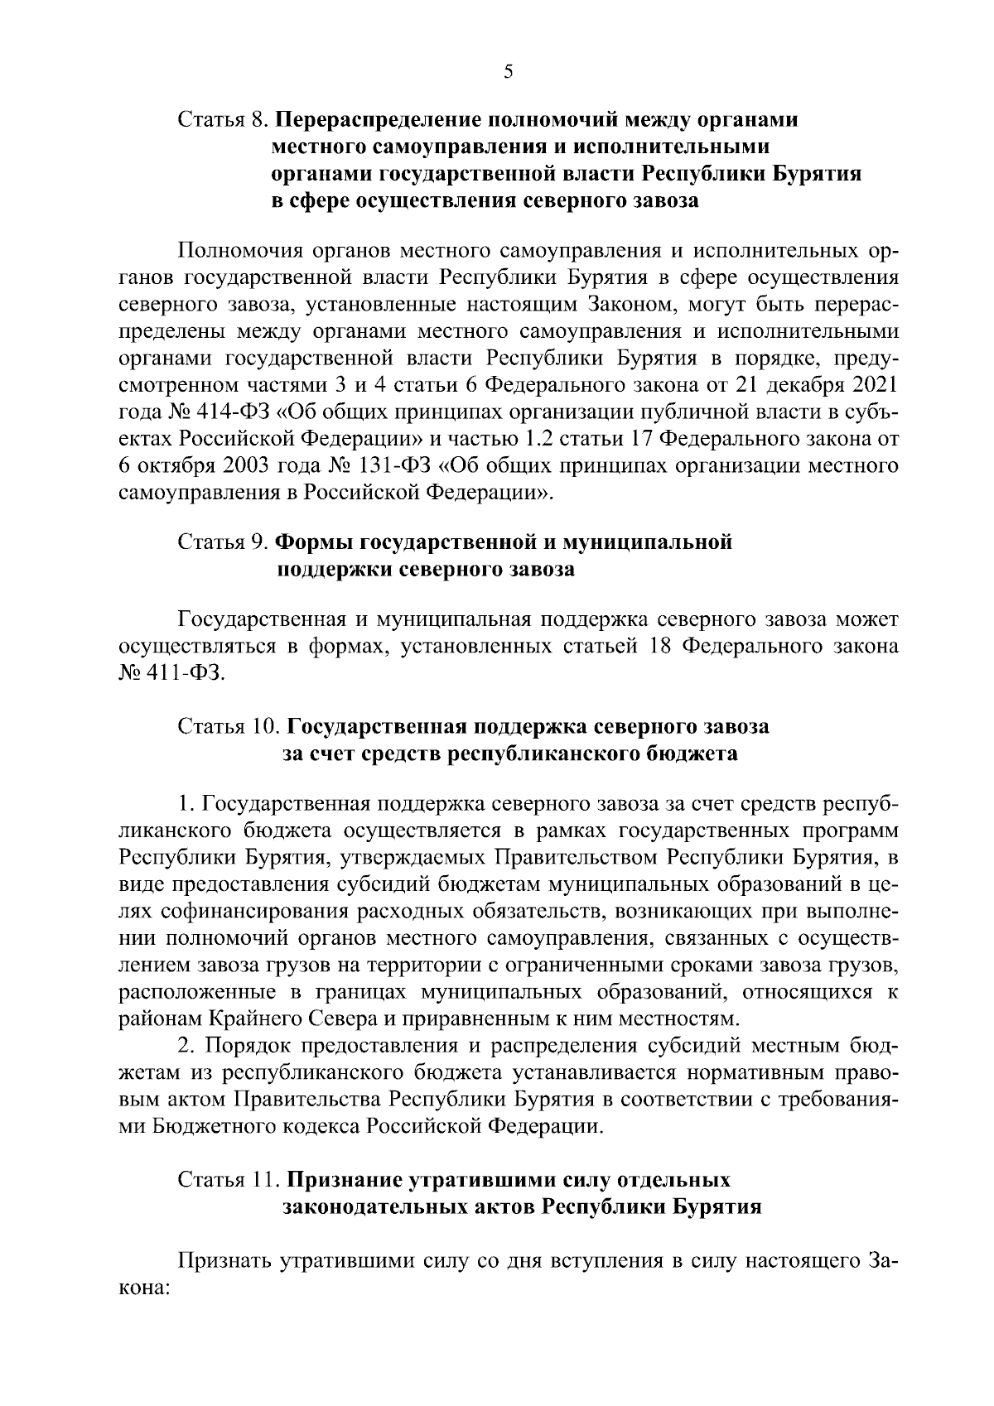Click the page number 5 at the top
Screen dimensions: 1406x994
click(x=509, y=72)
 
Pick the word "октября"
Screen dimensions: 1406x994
click(x=173, y=465)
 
